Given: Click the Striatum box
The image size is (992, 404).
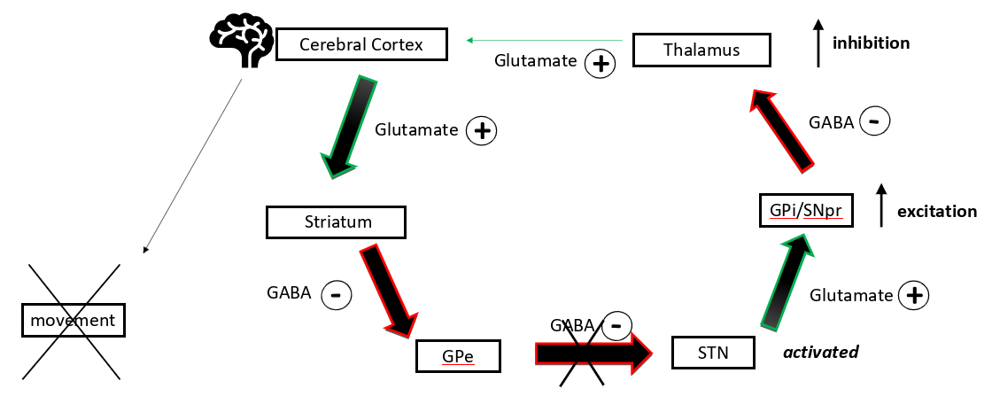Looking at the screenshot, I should click(x=336, y=221).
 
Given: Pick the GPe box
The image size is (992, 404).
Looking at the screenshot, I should click(x=458, y=356).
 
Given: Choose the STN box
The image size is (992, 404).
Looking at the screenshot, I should click(x=712, y=353).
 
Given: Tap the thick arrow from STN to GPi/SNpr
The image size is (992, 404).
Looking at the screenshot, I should click(x=782, y=284).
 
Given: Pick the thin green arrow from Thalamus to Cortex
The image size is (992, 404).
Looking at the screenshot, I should click(x=549, y=40).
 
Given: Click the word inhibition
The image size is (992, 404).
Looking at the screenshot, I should click(x=871, y=43).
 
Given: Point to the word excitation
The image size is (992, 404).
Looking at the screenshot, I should click(x=936, y=212).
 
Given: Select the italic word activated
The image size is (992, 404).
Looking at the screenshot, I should click(x=820, y=352).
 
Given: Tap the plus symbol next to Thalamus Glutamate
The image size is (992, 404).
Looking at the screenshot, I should click(x=601, y=63).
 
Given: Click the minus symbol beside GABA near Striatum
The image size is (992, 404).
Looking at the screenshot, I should click(x=337, y=294).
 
